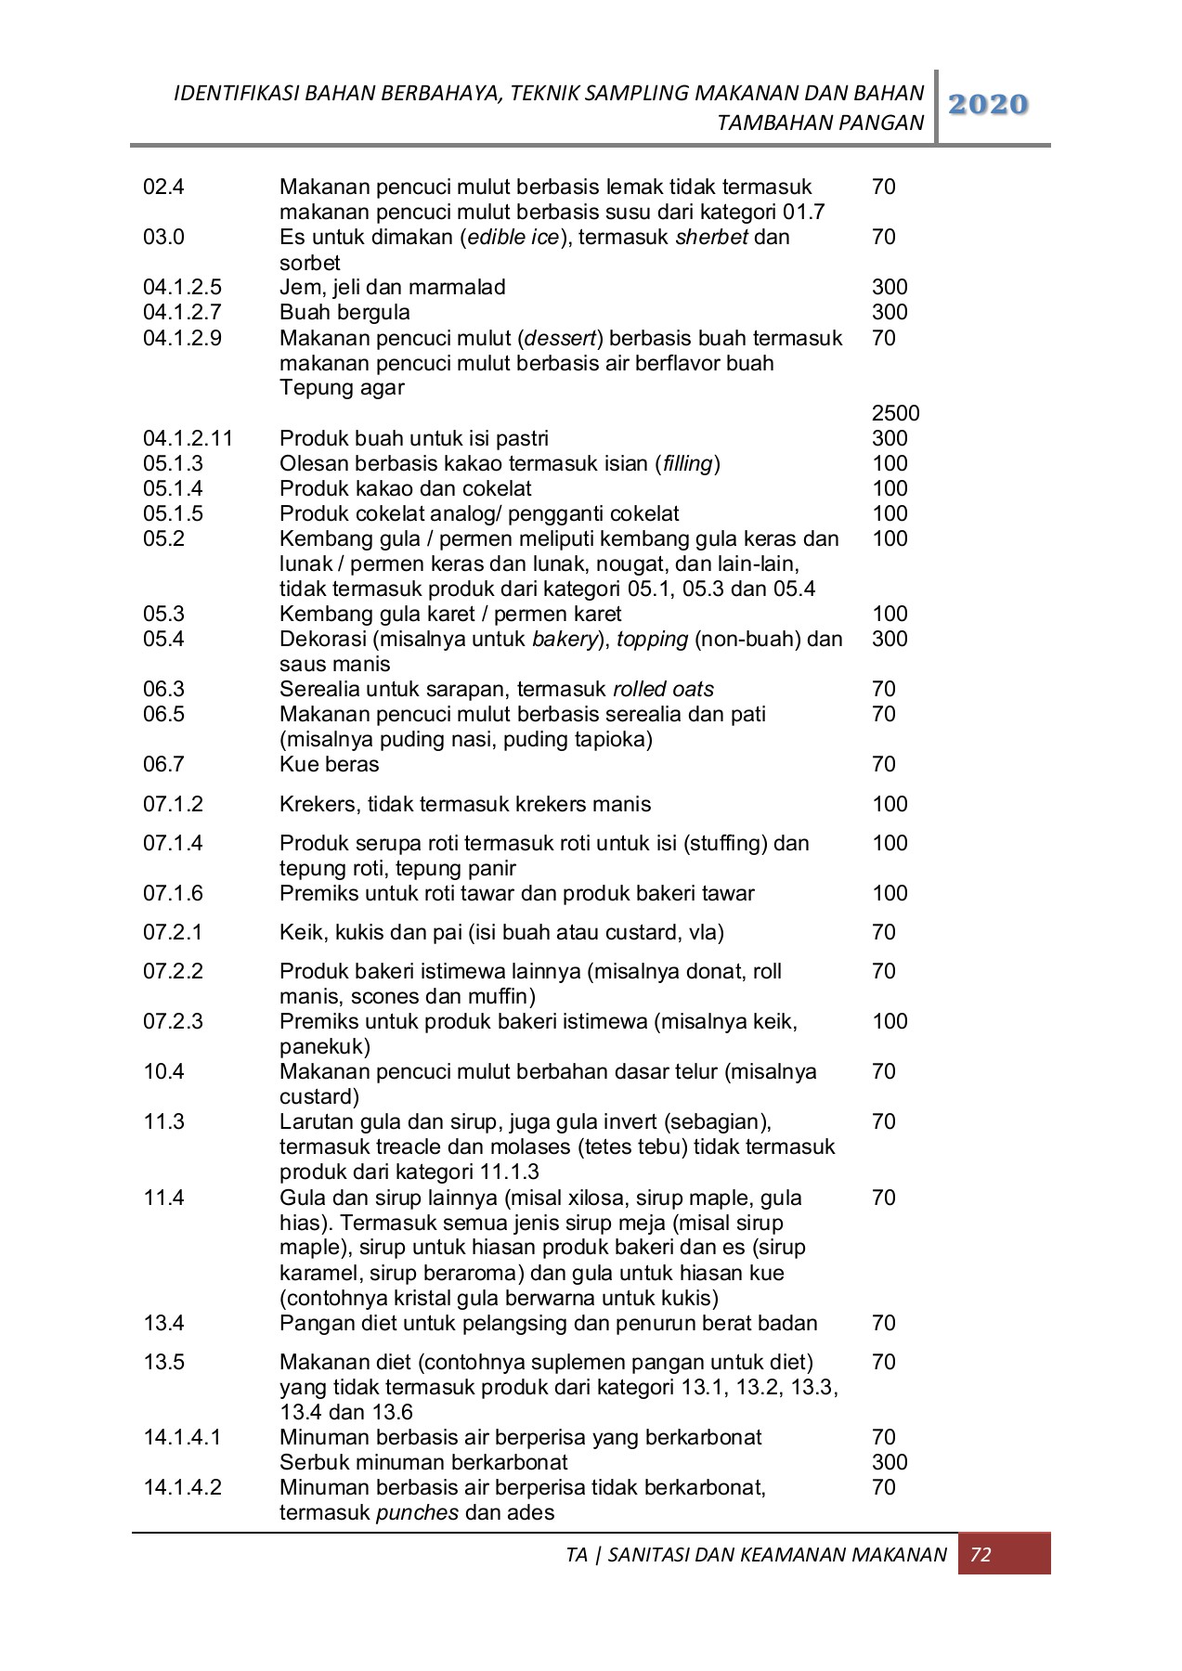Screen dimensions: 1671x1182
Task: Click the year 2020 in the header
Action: pos(991,105)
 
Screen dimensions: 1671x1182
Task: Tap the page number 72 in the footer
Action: pos(981,1555)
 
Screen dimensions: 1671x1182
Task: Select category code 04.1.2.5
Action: pos(182,288)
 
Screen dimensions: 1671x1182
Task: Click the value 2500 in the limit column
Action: pos(895,413)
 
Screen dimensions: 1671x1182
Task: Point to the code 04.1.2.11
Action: pos(188,438)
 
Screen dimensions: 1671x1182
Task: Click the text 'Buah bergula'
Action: pos(344,313)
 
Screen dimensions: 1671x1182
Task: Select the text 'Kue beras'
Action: pos(329,764)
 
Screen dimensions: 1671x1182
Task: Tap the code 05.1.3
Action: pos(173,463)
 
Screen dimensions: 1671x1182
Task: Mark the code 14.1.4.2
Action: pos(182,1487)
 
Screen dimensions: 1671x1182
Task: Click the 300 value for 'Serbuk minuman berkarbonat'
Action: pos(890,1462)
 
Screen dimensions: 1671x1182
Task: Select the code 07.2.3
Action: pos(173,1021)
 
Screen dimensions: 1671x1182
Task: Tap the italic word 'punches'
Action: pos(417,1512)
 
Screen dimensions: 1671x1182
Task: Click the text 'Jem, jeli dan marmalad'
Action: pos(392,288)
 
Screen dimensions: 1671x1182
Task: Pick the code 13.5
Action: pos(163,1362)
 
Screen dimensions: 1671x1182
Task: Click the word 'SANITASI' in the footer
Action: pos(656,1555)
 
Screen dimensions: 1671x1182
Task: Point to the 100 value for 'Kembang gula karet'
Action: pos(890,614)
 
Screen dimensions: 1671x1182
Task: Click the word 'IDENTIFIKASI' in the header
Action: pos(236,93)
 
